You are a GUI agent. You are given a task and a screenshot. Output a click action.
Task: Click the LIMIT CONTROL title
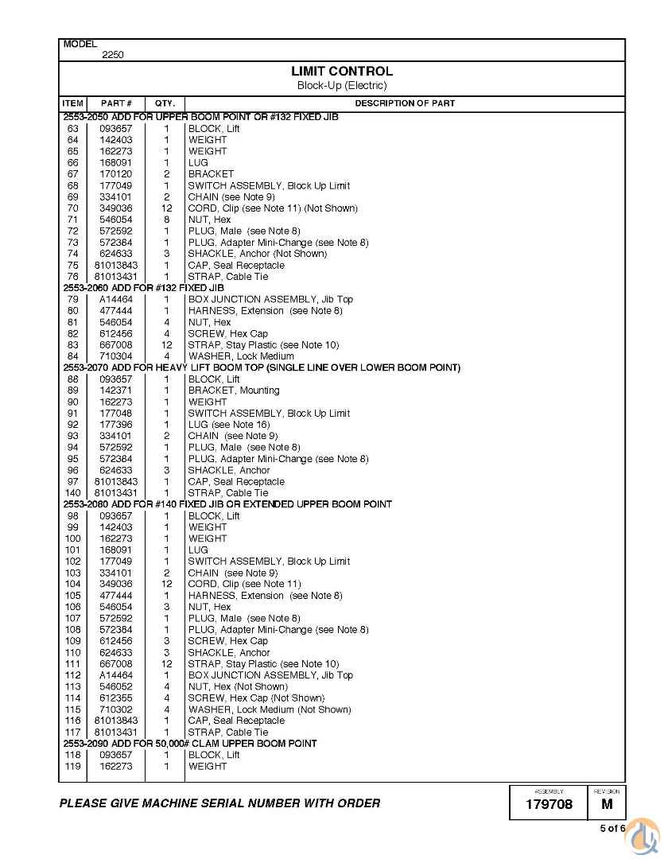[342, 72]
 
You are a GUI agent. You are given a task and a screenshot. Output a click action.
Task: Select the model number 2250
[112, 55]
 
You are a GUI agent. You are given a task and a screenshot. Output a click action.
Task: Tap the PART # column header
[116, 103]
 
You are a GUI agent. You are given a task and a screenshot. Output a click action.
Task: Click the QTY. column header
[165, 103]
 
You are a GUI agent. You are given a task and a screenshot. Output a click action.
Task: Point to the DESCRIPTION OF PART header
[405, 103]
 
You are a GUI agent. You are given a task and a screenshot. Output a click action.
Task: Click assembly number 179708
[549, 805]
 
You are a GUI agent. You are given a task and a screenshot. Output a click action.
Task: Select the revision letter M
[607, 805]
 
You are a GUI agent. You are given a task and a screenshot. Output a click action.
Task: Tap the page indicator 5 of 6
[612, 829]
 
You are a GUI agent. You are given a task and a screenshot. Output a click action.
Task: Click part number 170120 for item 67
[116, 174]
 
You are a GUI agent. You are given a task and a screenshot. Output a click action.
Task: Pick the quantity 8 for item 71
[167, 220]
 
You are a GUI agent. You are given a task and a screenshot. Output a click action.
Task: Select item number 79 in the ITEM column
[73, 300]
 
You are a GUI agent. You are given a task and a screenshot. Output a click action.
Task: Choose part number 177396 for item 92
[116, 425]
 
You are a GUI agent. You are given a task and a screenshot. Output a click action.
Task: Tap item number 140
[73, 493]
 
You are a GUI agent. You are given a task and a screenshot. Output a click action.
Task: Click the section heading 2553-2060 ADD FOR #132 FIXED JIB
[143, 288]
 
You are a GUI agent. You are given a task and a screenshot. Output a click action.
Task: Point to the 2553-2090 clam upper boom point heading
[190, 744]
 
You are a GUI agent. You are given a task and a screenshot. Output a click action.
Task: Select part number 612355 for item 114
[116, 698]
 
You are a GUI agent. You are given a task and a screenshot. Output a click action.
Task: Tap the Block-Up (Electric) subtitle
[342, 86]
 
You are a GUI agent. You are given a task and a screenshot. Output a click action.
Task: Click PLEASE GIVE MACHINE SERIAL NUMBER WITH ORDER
[219, 803]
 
